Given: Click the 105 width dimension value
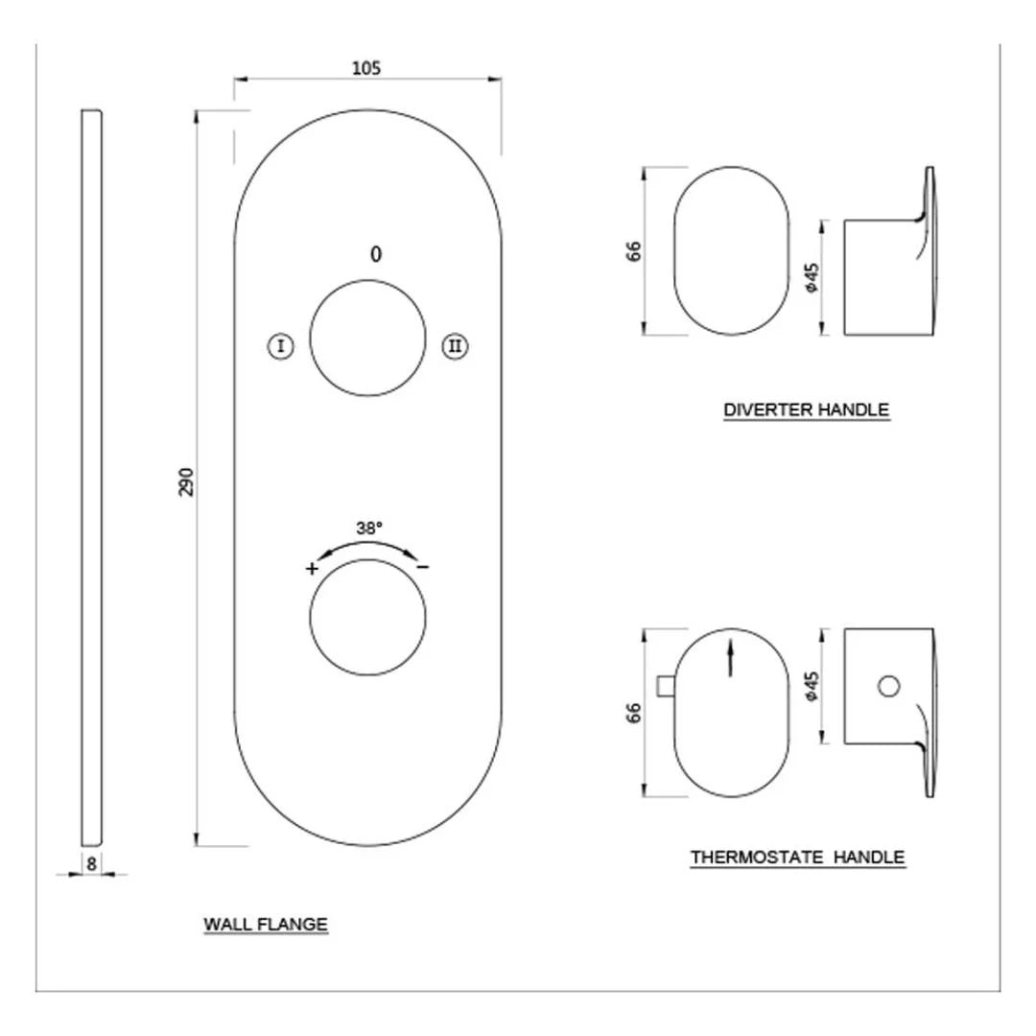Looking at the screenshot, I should (x=366, y=67).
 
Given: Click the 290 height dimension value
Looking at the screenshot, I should (x=186, y=481).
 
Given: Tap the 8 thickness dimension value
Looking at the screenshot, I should (x=91, y=862).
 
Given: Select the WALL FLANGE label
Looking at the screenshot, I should (x=266, y=925).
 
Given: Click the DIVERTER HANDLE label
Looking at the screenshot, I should (x=807, y=410).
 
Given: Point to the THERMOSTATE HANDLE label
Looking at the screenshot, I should (x=797, y=857).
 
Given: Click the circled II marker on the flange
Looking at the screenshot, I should (x=455, y=346).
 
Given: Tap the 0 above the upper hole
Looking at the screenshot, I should (x=376, y=254).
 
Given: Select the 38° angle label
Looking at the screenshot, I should (x=369, y=528).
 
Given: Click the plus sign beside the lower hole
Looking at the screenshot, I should (x=312, y=568).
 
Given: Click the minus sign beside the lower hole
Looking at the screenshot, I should (x=423, y=567).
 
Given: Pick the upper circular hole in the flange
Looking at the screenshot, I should (x=367, y=338).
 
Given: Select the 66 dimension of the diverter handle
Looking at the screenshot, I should (x=633, y=251).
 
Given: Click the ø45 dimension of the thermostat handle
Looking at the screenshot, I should (x=811, y=686).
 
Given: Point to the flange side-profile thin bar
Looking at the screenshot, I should (x=91, y=480).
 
